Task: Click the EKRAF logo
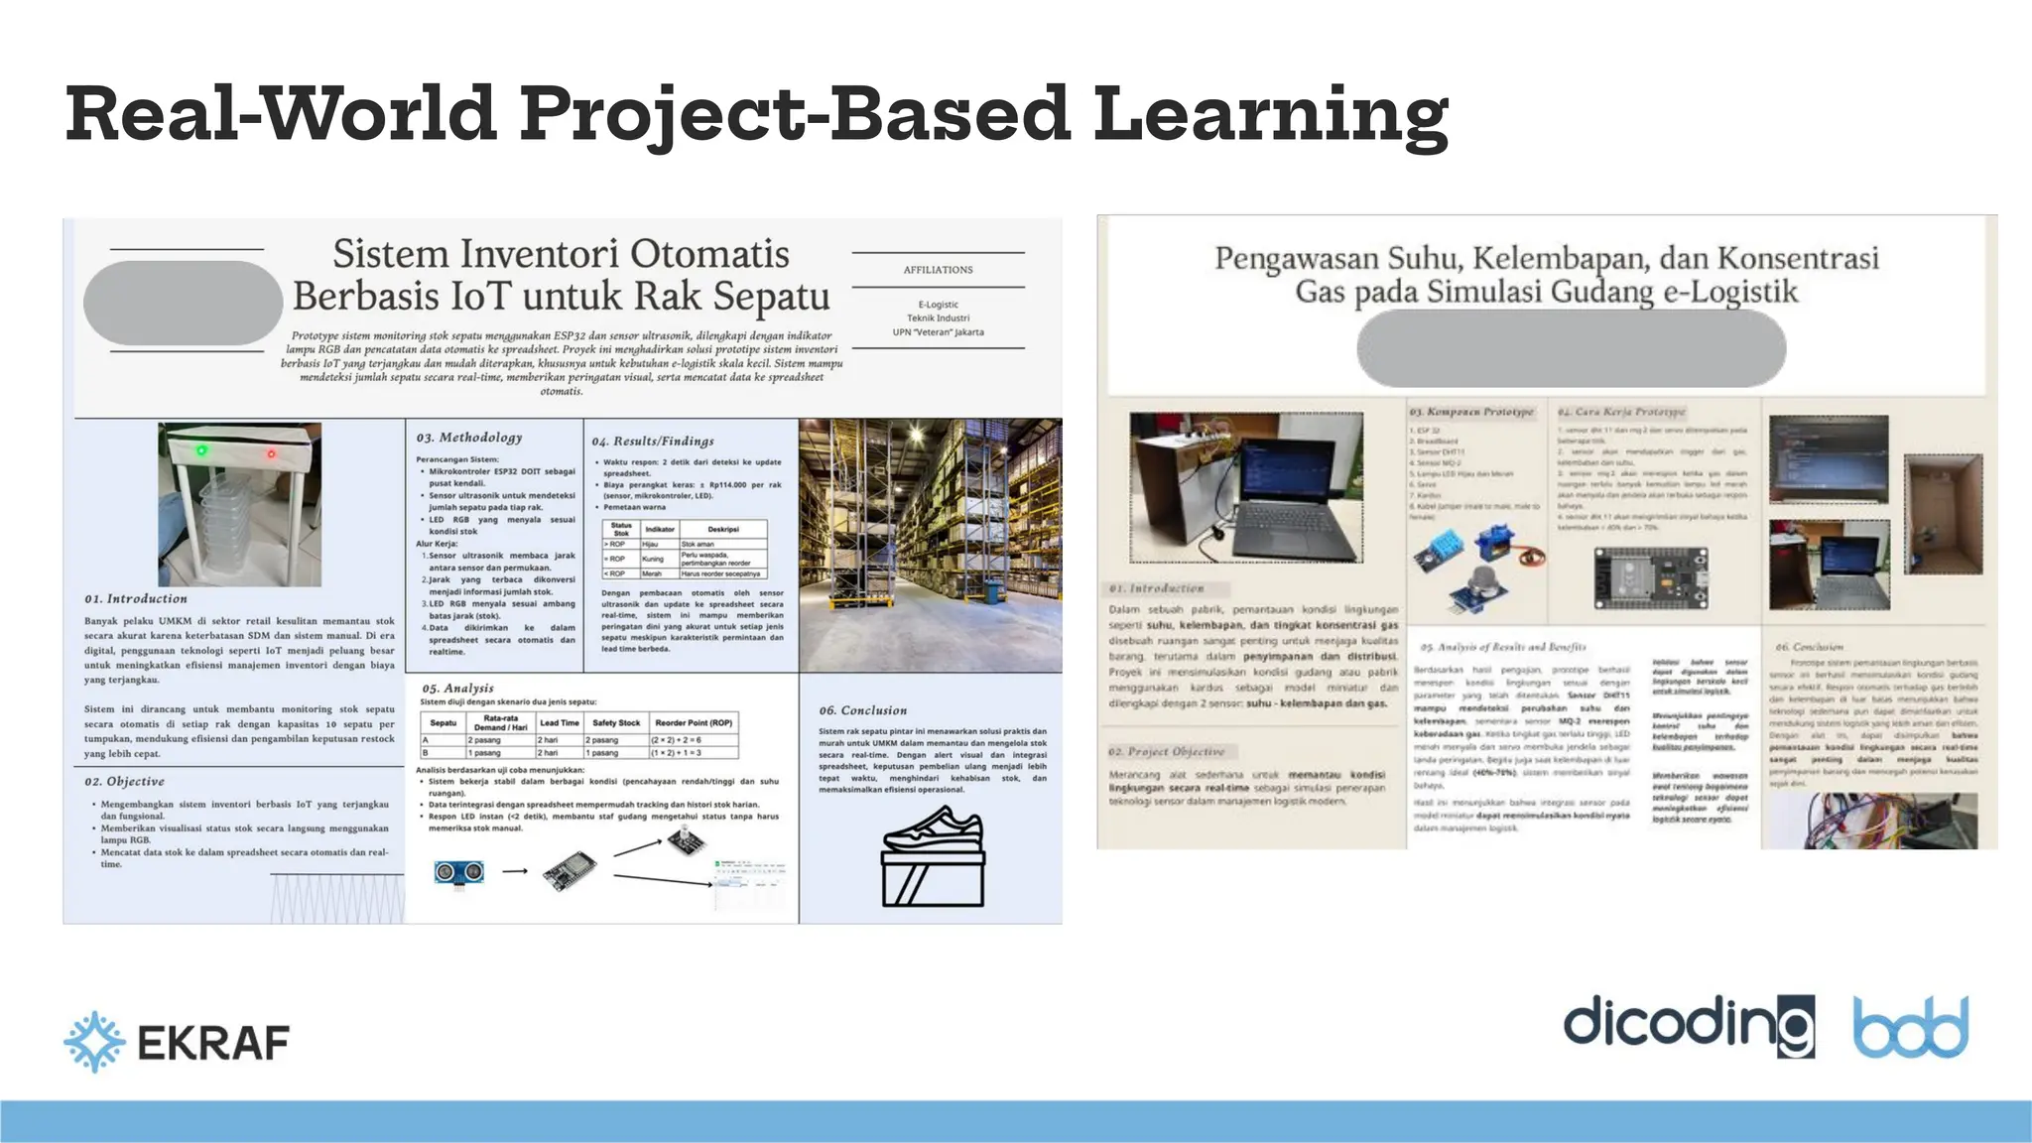point(177,1042)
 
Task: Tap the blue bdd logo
point(1911,1028)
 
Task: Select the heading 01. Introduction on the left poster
point(136,598)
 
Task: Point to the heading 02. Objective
point(124,781)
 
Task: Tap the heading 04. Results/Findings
point(652,441)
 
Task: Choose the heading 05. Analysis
point(457,688)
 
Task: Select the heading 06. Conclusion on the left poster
point(862,710)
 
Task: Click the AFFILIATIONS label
point(938,270)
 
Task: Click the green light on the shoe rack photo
point(202,450)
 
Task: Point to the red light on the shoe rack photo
point(271,454)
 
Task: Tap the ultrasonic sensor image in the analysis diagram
point(459,871)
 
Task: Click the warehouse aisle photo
point(930,545)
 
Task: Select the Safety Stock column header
point(615,722)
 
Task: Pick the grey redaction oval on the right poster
point(1571,347)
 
